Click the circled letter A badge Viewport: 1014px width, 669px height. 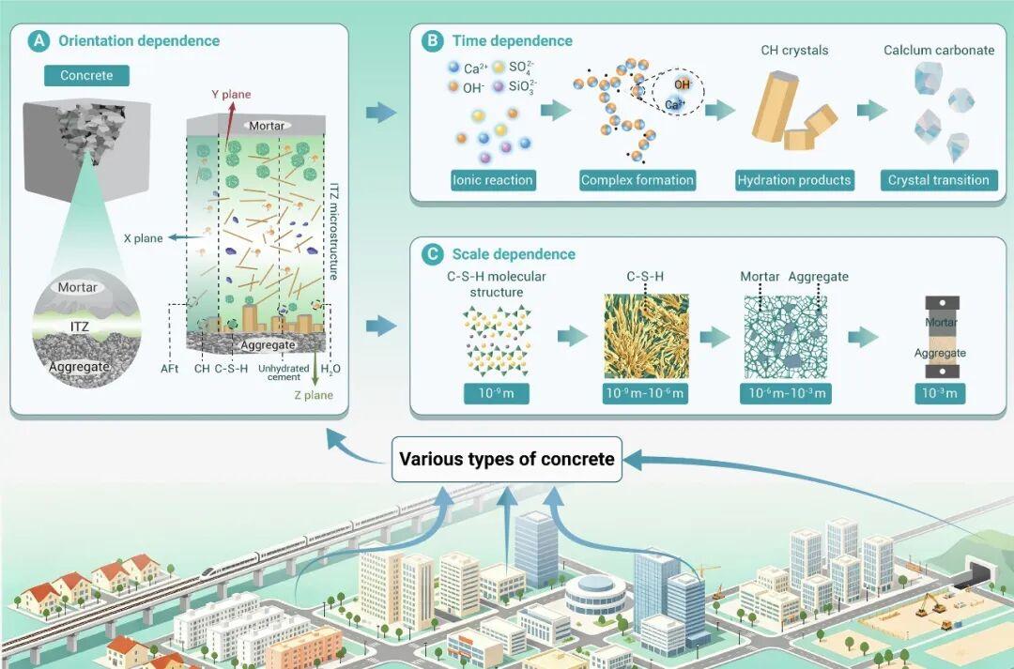point(38,41)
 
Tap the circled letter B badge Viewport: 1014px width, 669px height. point(432,41)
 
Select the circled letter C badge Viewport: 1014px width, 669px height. point(432,254)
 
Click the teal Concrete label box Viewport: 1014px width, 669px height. point(86,76)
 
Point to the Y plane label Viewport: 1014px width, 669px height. point(231,95)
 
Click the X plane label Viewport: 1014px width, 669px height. point(144,238)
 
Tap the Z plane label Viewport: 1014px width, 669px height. point(314,395)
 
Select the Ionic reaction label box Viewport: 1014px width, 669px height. point(493,180)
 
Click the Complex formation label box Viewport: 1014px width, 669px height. point(637,180)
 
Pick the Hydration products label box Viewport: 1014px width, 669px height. point(794,180)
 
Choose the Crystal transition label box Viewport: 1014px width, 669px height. point(938,180)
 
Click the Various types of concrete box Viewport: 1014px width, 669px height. point(507,460)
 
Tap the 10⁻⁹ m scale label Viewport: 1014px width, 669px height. point(497,394)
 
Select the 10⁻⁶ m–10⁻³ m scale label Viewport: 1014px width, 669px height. point(786,394)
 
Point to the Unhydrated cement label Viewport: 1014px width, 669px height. point(284,373)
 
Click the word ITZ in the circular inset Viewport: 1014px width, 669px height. point(80,327)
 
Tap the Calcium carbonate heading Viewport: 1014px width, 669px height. point(939,51)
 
